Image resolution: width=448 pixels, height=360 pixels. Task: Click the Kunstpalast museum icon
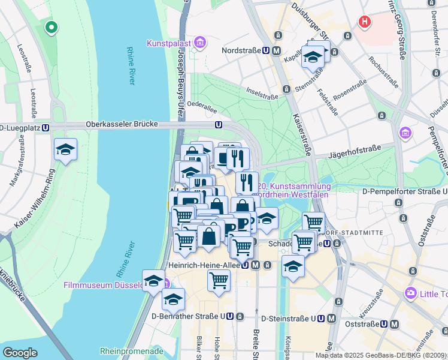[200, 43]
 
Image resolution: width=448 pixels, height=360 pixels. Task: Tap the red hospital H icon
[364, 23]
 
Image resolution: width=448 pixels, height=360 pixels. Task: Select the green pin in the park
[52, 27]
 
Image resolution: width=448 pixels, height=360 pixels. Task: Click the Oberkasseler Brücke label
[122, 124]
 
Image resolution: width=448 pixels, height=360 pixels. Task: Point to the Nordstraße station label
[243, 51]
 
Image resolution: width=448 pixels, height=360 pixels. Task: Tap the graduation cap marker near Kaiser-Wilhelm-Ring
[65, 150]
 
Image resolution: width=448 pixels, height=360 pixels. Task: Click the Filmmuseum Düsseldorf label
[103, 285]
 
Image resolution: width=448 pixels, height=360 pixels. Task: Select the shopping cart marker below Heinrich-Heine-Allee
[219, 280]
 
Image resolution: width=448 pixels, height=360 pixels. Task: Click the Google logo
[19, 352]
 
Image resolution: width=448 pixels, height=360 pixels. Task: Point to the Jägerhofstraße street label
[356, 155]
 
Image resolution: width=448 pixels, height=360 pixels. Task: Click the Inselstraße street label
[262, 93]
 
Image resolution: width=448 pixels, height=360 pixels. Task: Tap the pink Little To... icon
[411, 293]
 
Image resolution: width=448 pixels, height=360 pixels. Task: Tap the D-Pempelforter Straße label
[401, 191]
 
